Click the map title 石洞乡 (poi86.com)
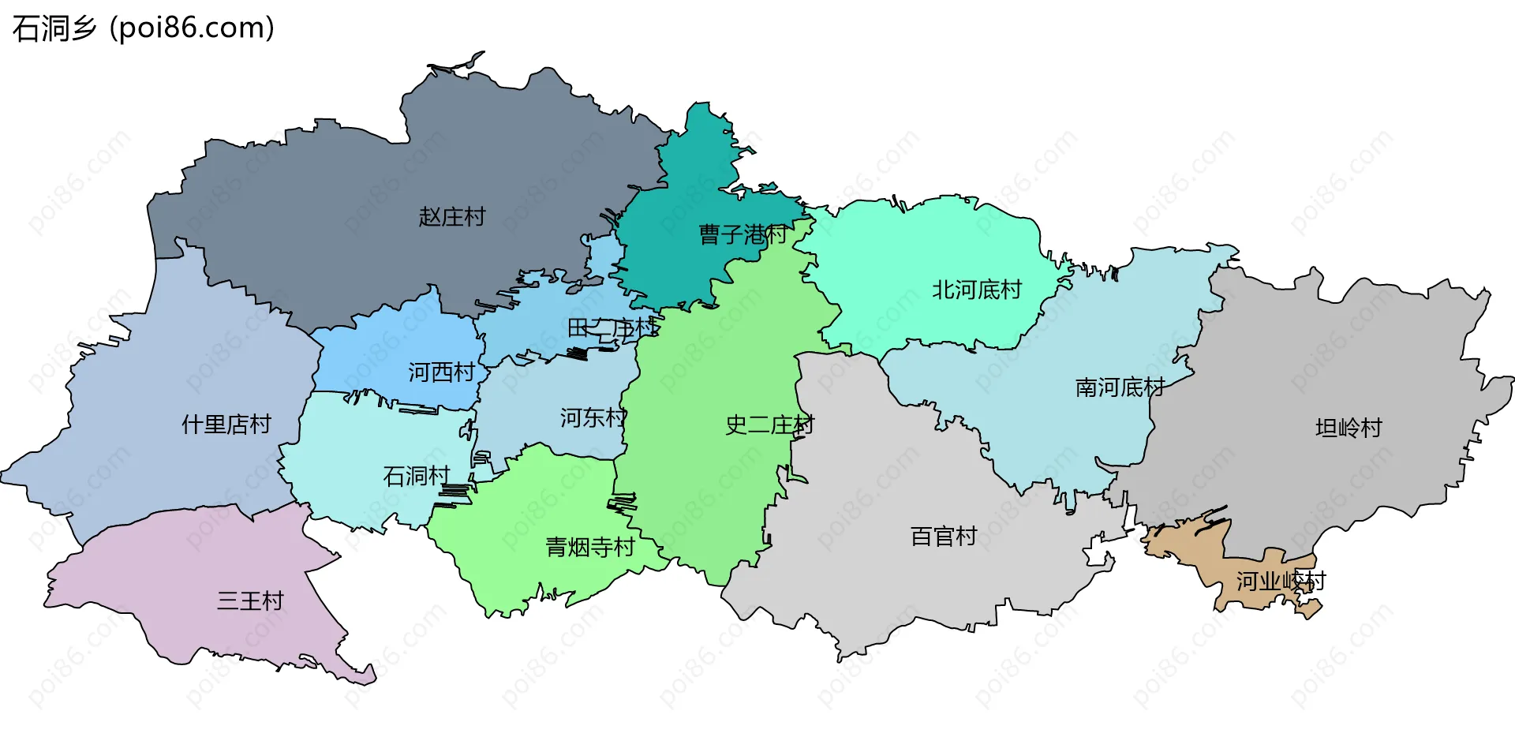pos(144,28)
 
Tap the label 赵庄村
pos(451,217)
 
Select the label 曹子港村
pos(743,234)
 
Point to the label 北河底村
pos(976,290)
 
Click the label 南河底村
pos(1120,387)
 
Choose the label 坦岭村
pos(1349,428)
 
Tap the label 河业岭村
pos(1280,582)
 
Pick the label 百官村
pos(944,537)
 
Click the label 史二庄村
pos(769,425)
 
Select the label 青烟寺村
pos(590,547)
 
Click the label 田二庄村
pos(612,327)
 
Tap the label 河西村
pos(441,372)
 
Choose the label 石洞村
pos(416,477)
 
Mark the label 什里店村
pos(226,425)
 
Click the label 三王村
pos(250,601)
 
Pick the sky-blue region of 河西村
pos(395,339)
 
